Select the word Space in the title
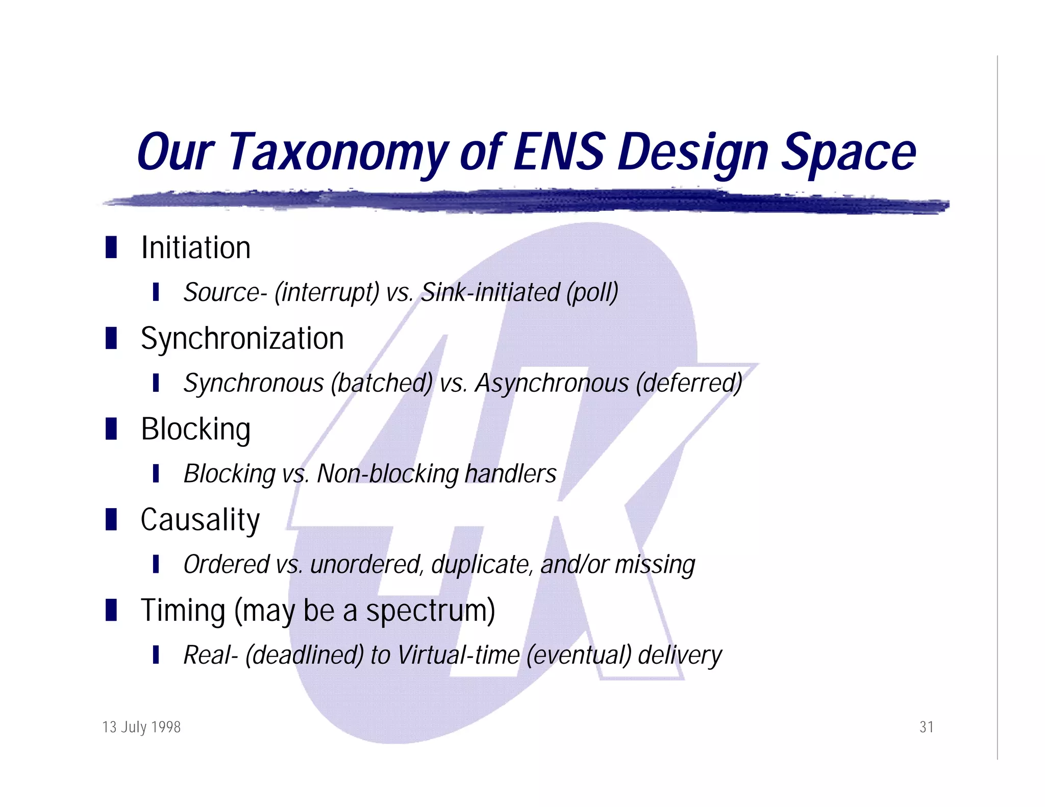click(x=849, y=152)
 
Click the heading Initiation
click(x=195, y=248)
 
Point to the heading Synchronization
click(x=242, y=339)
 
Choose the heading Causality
click(x=200, y=520)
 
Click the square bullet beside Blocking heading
click(x=111, y=428)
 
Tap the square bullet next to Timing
click(x=111, y=610)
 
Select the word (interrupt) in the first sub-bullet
click(x=327, y=293)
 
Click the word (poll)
click(x=592, y=293)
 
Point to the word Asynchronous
click(x=552, y=383)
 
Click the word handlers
click(x=510, y=474)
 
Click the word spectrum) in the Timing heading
click(x=430, y=611)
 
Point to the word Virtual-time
click(x=458, y=655)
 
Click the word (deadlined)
click(x=304, y=655)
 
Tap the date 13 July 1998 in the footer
click(x=141, y=727)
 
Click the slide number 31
click(x=926, y=727)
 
